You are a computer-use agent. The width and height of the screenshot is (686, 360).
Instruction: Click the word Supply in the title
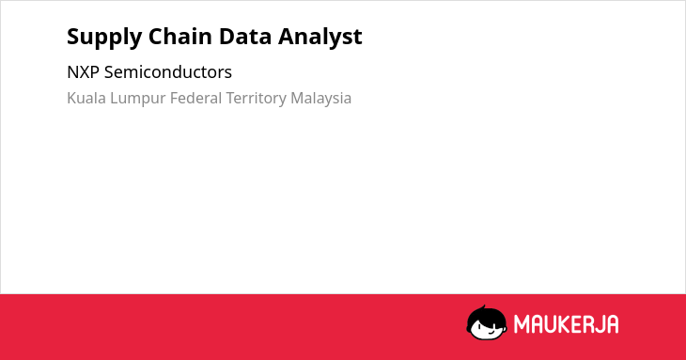point(104,38)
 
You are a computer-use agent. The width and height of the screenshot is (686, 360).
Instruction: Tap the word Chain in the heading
point(180,36)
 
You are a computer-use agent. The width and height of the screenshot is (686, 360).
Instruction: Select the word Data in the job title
point(245,37)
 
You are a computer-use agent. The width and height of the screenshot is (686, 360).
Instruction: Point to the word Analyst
point(320,38)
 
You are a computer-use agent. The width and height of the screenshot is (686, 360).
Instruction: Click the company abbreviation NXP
point(83,72)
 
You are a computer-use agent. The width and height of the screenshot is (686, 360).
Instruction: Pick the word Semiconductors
point(168,72)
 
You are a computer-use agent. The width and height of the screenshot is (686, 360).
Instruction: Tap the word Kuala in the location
point(86,98)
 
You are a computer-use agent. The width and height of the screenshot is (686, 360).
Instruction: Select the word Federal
point(196,98)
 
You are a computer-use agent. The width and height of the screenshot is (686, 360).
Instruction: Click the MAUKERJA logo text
point(566,324)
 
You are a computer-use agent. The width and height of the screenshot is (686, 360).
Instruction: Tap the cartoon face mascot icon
point(487,322)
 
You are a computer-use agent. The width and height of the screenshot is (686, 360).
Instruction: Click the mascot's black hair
point(486,314)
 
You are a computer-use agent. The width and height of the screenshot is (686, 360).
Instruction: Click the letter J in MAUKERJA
point(598,324)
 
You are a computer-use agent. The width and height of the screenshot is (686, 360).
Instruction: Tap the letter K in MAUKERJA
point(560,324)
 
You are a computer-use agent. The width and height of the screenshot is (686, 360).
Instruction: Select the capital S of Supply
point(73,37)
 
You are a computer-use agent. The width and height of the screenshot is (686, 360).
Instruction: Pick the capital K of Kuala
point(71,98)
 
